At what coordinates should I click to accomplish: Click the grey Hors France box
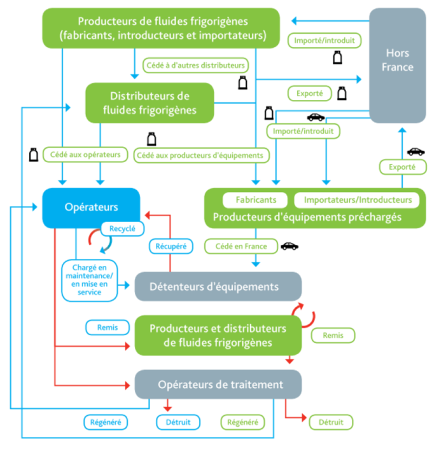398,65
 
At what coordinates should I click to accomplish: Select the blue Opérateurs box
91,207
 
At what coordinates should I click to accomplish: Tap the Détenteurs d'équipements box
218,287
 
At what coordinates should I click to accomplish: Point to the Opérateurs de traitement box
218,384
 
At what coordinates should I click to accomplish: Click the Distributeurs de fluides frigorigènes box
150,103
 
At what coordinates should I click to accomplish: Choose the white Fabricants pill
256,200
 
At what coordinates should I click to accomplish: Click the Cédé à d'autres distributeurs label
197,65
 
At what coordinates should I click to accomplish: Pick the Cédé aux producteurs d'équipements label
202,155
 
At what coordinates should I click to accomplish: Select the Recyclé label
122,228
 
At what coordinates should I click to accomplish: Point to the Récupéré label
170,245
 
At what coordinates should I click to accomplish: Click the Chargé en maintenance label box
92,279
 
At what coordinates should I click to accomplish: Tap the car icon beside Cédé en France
289,246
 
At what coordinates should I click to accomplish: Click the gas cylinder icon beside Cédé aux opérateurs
33,154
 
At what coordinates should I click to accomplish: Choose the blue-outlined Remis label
108,328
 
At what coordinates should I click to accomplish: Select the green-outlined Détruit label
330,422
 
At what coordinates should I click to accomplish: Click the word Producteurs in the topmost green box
106,22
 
